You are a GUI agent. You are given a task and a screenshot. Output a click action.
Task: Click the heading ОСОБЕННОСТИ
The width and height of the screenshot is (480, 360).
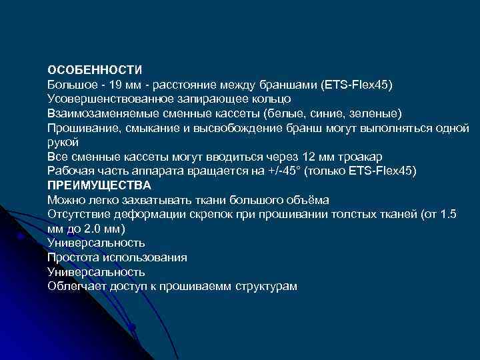click(95, 71)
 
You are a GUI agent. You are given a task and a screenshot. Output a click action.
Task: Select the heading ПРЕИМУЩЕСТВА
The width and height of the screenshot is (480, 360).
click(99, 185)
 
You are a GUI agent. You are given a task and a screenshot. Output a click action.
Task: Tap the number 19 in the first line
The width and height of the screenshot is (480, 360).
click(115, 85)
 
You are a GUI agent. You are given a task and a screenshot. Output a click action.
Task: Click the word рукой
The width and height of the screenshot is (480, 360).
click(63, 143)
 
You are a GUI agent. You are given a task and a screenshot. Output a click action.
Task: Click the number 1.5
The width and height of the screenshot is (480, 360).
click(450, 214)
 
